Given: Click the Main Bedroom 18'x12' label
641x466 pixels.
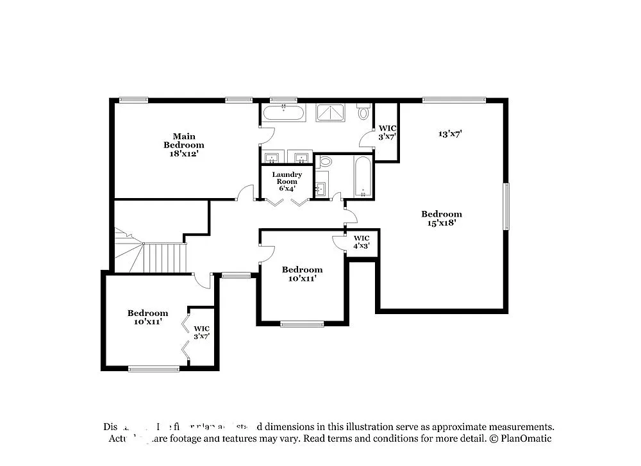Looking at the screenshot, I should click(184, 145).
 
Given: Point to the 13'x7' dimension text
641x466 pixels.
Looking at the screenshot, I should click(450, 134).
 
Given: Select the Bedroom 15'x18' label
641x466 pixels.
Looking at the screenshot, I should click(441, 219).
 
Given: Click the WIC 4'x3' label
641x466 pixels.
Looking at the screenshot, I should click(362, 242).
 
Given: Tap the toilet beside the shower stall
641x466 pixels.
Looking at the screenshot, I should click(363, 113).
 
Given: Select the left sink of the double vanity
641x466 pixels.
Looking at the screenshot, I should click(272, 158).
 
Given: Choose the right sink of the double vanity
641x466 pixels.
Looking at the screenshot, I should click(301, 158).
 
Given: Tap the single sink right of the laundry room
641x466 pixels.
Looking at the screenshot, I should click(320, 189).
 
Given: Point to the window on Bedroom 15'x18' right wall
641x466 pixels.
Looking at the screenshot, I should click(506, 206).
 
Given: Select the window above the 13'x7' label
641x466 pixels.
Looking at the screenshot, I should click(454, 100).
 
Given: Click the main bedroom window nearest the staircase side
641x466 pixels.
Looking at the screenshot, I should click(133, 100).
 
